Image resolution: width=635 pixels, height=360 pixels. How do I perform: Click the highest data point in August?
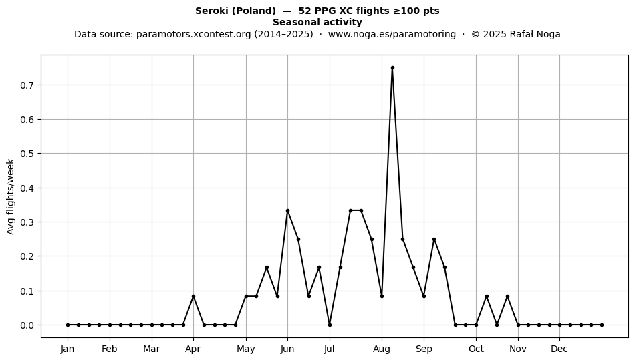[x=392, y=68]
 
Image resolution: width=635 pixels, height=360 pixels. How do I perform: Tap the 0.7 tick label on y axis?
[x=27, y=85]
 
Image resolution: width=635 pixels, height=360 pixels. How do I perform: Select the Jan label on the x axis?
[x=68, y=349]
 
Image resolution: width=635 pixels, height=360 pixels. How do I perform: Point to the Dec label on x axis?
[x=559, y=349]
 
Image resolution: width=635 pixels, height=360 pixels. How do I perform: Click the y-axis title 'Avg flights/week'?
[x=11, y=196]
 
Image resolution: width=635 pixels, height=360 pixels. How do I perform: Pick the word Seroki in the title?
[x=212, y=11]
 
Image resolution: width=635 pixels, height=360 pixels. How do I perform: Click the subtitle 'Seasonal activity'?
[x=317, y=22]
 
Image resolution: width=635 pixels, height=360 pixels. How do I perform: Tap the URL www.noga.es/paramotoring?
[x=392, y=34]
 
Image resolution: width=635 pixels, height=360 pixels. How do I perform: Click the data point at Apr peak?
[x=194, y=296]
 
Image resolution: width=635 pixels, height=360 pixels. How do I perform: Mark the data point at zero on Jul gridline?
[x=330, y=325]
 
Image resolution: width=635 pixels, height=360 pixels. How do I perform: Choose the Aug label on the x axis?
[x=382, y=349]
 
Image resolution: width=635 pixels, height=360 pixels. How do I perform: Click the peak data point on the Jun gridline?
[x=287, y=211]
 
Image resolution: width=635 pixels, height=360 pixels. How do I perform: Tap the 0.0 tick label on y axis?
[x=27, y=325]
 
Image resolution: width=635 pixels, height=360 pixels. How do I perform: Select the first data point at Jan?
[x=68, y=325]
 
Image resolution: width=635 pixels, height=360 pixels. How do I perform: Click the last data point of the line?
[x=602, y=325]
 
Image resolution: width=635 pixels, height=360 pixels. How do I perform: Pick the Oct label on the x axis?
[x=476, y=349]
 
